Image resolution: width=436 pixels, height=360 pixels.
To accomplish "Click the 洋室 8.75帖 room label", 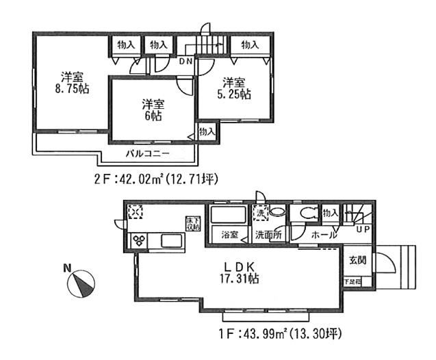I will (70, 81).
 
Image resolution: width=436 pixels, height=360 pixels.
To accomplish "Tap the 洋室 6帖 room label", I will (153, 110).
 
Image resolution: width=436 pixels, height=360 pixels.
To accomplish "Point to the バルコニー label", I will (146, 153).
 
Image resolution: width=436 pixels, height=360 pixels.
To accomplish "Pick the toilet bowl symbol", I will (303, 214).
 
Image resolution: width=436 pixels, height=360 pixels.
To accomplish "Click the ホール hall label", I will (323, 235).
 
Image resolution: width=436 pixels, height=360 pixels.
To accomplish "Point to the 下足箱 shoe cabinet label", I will (351, 281).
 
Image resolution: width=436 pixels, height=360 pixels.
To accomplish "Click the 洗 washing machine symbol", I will (259, 213).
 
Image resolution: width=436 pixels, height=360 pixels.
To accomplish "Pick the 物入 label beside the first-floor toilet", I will (330, 214).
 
